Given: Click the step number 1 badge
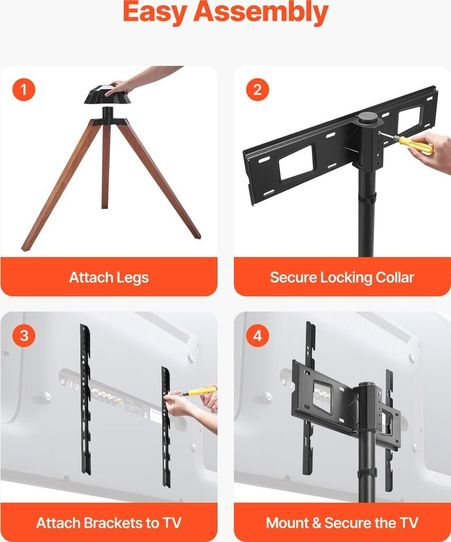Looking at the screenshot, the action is tap(24, 89).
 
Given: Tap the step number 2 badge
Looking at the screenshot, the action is tap(257, 89).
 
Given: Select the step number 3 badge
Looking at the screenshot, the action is tap(24, 335).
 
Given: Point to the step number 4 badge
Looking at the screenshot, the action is tap(257, 335).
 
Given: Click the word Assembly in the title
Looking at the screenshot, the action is tap(260, 13).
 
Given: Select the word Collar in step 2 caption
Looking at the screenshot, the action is tap(395, 277).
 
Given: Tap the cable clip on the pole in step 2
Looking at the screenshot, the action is tap(367, 200).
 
